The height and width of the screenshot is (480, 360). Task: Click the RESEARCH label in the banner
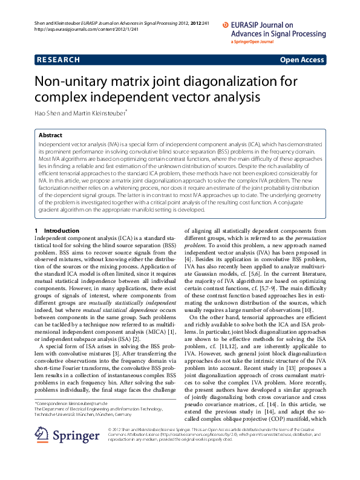(x=58, y=60)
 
